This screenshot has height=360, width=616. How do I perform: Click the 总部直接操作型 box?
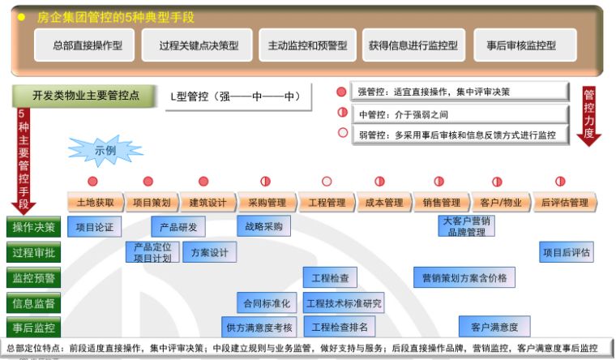(x=87, y=45)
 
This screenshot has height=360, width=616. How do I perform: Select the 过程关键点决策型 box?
(x=198, y=45)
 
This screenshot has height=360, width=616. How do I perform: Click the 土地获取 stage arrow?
(x=96, y=202)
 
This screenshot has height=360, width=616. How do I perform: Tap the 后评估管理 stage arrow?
(x=562, y=202)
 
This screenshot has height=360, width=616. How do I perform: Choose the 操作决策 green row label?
(x=34, y=227)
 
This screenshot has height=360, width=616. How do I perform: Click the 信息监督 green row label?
(x=34, y=303)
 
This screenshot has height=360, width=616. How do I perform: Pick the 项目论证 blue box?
(x=95, y=226)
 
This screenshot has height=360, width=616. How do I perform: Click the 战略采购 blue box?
(x=263, y=226)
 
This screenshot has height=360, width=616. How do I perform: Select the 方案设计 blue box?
(x=209, y=252)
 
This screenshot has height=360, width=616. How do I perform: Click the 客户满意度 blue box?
(x=494, y=327)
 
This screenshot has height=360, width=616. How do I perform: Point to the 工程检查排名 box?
(x=340, y=327)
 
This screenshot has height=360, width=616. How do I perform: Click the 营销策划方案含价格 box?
(x=464, y=277)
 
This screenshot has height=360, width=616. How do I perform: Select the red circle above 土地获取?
(x=92, y=181)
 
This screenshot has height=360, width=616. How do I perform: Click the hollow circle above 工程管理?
(x=327, y=181)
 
